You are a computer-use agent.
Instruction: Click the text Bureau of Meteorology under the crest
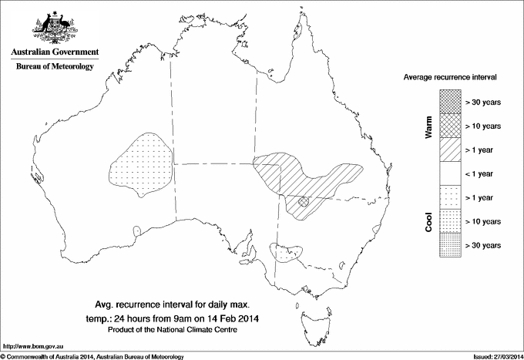[54, 66]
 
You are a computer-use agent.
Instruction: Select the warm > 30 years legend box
[450, 100]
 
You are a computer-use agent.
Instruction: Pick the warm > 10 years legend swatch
[450, 125]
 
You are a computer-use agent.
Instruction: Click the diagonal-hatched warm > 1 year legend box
[450, 149]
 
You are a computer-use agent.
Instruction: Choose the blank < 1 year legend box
[450, 173]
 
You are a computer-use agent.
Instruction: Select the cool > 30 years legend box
[450, 244]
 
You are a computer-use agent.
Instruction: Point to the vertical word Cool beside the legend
[429, 221]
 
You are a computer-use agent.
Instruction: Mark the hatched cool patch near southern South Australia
[287, 251]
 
